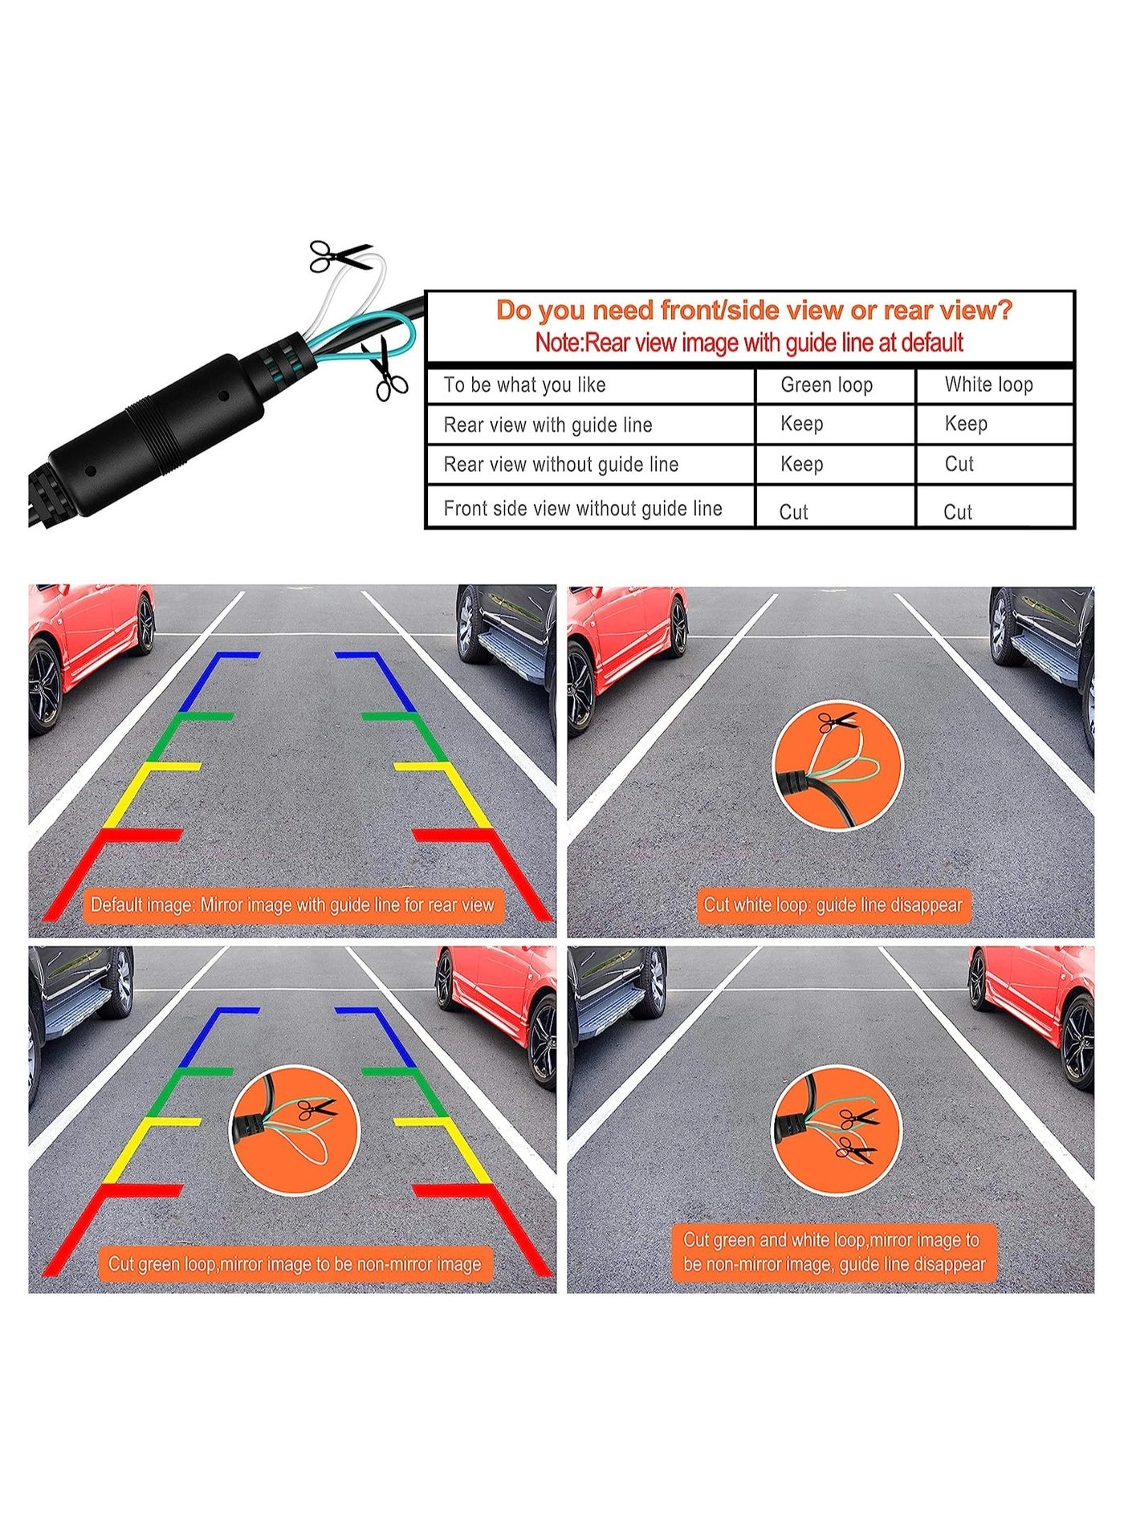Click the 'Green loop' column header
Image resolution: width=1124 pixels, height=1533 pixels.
pos(826,385)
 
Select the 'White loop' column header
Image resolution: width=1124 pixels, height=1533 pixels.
pos(988,384)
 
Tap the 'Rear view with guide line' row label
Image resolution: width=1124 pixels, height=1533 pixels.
pos(548,425)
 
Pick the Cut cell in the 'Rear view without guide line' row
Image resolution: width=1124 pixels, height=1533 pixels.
pos(959,464)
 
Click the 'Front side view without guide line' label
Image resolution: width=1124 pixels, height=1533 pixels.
pos(583,508)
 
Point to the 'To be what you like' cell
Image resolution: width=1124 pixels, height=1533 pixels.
pos(524,385)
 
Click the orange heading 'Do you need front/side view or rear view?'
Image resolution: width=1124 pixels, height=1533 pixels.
pos(754,310)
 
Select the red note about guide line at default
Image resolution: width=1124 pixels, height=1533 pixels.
pos(749,343)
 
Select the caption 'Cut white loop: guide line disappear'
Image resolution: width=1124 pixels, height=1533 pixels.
pos(833,905)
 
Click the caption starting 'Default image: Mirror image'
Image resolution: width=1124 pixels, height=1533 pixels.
pos(292,905)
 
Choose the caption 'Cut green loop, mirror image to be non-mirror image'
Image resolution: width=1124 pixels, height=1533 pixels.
pos(295,1264)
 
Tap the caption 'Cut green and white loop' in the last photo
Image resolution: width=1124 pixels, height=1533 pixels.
pos(833,1252)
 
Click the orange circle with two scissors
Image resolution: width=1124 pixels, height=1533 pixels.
pos(837,1130)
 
